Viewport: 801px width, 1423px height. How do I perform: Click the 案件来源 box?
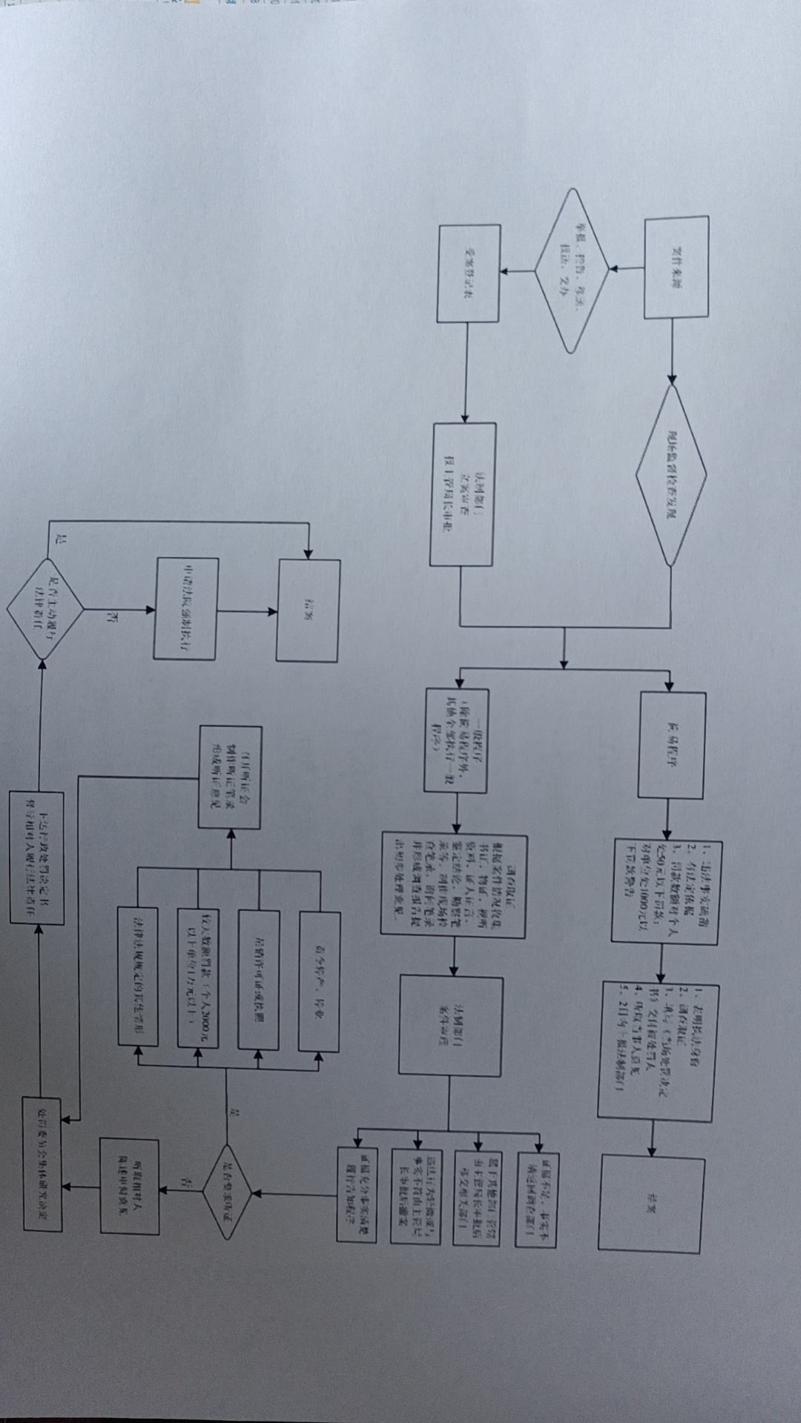coord(676,268)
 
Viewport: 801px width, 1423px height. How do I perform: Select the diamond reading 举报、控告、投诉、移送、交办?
coord(571,270)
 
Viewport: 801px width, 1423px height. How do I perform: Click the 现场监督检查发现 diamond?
coord(671,475)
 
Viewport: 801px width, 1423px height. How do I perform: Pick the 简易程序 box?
coord(672,746)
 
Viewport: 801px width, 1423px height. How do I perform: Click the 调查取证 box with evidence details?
coord(454,885)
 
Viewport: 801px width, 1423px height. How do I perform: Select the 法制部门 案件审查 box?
coord(450,1026)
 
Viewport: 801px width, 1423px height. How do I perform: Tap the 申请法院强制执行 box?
coord(186,608)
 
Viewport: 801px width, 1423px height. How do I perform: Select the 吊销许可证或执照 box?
coord(259,980)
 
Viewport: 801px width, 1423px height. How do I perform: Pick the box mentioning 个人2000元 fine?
coord(198,978)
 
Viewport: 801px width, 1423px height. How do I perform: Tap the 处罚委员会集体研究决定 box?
coord(42,1163)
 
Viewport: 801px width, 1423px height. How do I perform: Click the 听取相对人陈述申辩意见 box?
coord(130,1187)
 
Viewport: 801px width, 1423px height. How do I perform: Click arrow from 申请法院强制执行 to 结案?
coord(247,611)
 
